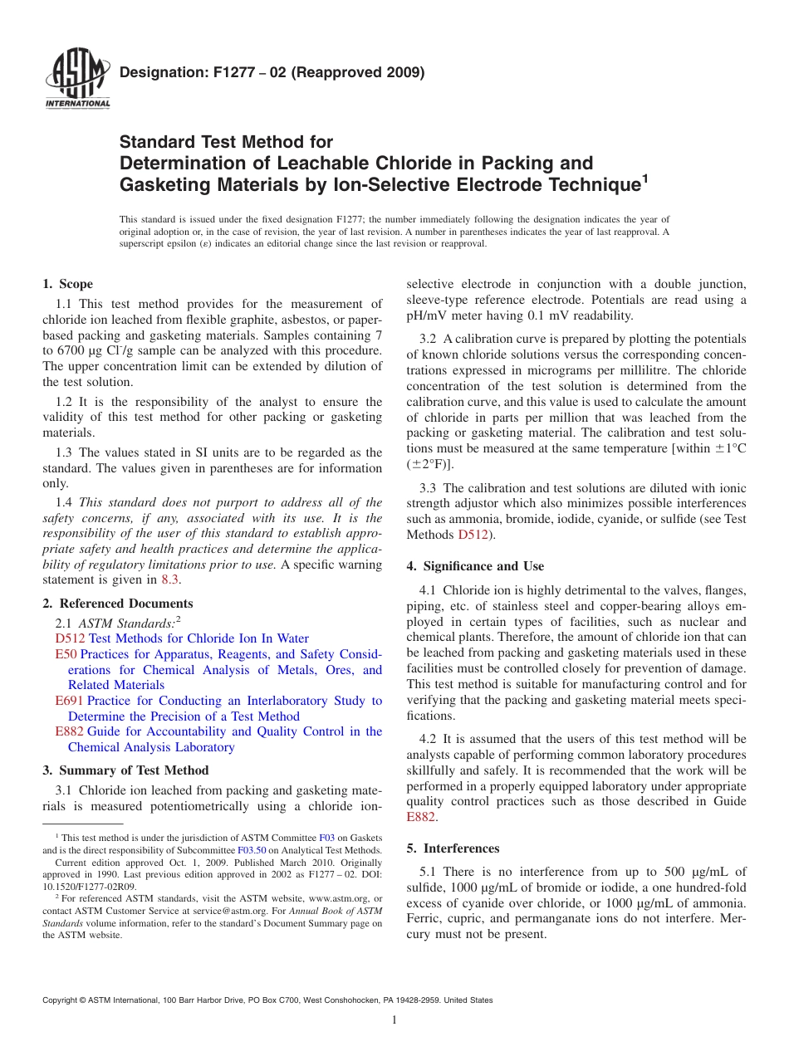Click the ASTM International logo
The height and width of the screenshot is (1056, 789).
[x=76, y=80]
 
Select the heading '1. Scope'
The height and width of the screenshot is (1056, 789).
[x=68, y=284]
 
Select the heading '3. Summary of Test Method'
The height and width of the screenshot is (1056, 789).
[x=125, y=770]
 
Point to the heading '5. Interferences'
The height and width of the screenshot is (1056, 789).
[x=453, y=848]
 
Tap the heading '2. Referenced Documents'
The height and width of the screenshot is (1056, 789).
[x=118, y=604]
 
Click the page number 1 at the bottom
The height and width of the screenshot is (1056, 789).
[x=394, y=1020]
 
